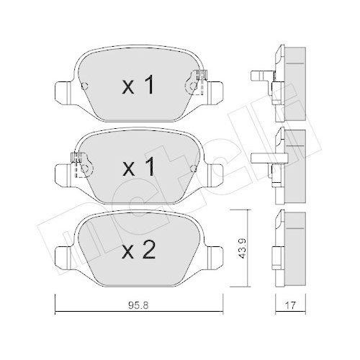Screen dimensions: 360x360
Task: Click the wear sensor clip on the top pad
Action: click(197, 81)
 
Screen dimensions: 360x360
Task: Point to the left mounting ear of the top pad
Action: click(63, 91)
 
